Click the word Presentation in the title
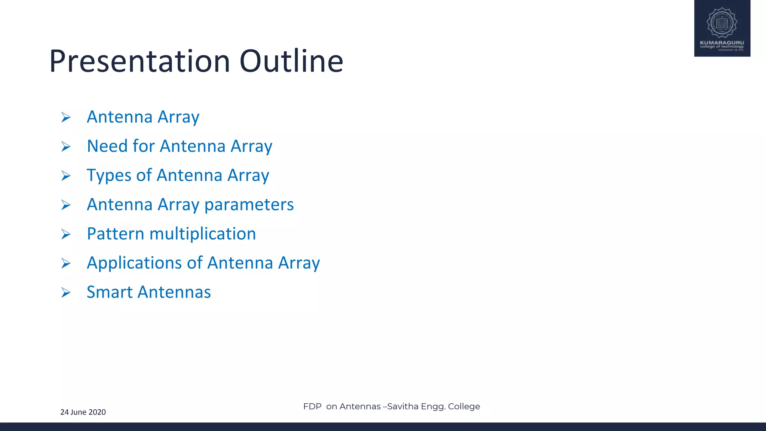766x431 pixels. click(x=139, y=61)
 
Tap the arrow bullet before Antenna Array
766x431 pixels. click(x=66, y=118)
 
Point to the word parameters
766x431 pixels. click(x=249, y=205)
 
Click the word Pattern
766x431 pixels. click(x=115, y=234)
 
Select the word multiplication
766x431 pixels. click(x=202, y=234)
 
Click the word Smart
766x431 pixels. click(x=109, y=292)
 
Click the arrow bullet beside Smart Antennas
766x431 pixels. click(x=66, y=293)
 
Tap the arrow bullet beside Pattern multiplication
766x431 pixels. click(x=66, y=234)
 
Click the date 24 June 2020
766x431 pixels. click(x=83, y=412)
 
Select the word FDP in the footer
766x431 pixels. click(x=312, y=407)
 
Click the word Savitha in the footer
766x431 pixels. click(x=402, y=407)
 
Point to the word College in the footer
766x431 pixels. click(x=464, y=407)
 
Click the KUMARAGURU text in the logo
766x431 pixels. click(x=722, y=43)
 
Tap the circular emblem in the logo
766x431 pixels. click(x=722, y=22)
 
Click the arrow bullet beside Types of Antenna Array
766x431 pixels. click(x=66, y=176)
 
